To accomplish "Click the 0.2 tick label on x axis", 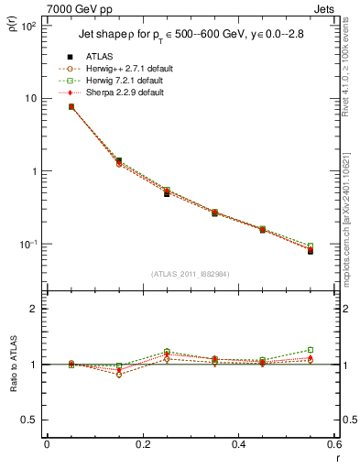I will (x=142, y=444).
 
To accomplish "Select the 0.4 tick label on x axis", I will (x=238, y=444).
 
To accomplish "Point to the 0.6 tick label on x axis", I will (x=333, y=444).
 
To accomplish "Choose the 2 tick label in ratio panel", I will (x=34, y=310).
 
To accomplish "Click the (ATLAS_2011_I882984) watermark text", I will (x=190, y=273).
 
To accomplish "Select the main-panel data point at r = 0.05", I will (x=71, y=107).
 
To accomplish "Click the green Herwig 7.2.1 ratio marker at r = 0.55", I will (x=311, y=350).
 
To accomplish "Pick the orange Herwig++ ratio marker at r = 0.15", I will (x=119, y=375).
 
